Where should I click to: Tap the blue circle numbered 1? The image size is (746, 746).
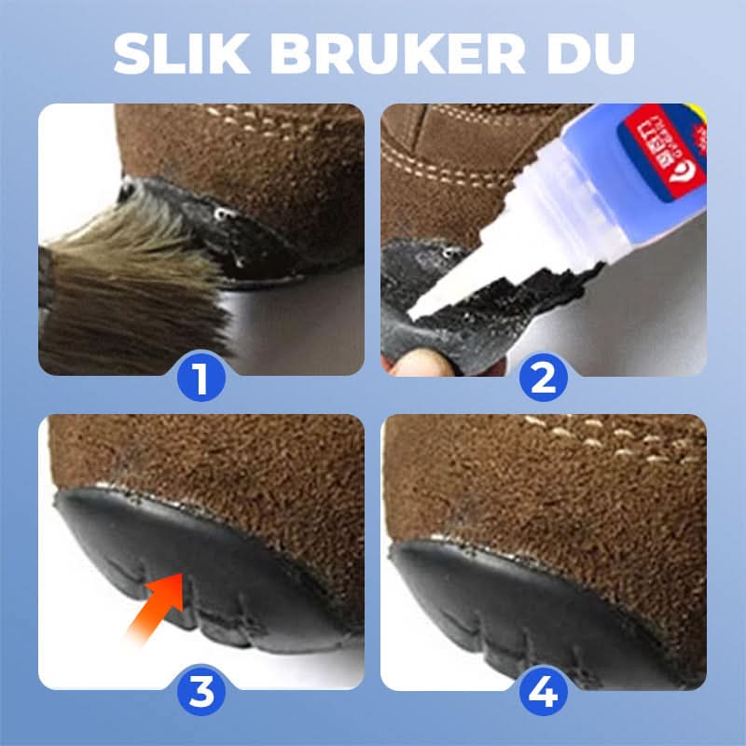(x=201, y=380)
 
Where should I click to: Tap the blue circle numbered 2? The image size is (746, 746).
(x=544, y=380)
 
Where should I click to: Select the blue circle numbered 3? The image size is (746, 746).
(x=201, y=692)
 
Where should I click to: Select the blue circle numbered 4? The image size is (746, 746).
(x=544, y=692)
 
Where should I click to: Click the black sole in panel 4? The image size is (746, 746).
(x=522, y=597)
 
